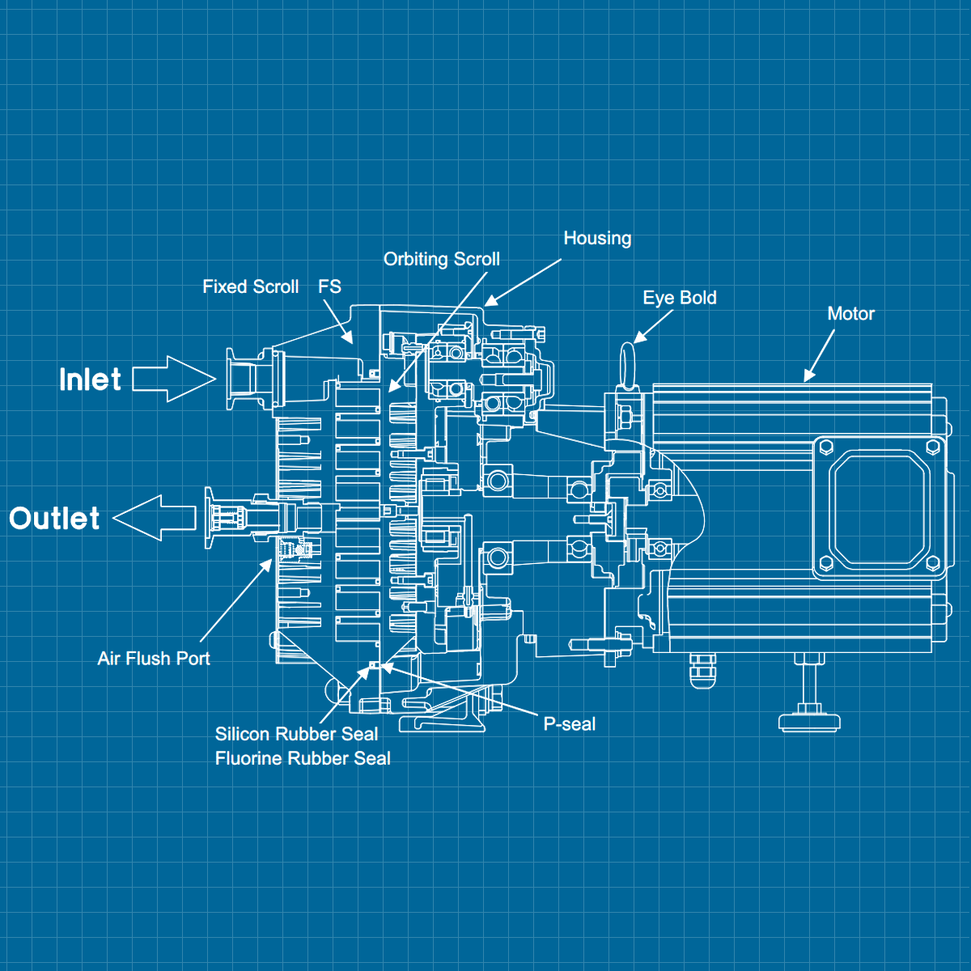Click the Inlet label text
tap(90, 379)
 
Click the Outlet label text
tap(54, 519)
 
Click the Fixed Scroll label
tap(250, 286)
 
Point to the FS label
tap(329, 286)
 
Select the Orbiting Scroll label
tap(441, 259)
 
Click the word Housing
tap(597, 238)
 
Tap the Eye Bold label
tap(680, 298)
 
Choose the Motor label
tap(850, 314)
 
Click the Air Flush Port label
tap(154, 659)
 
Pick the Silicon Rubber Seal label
tap(296, 734)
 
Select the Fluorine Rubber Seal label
tap(303, 758)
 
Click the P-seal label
tap(569, 724)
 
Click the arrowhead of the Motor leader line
tap(808, 376)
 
